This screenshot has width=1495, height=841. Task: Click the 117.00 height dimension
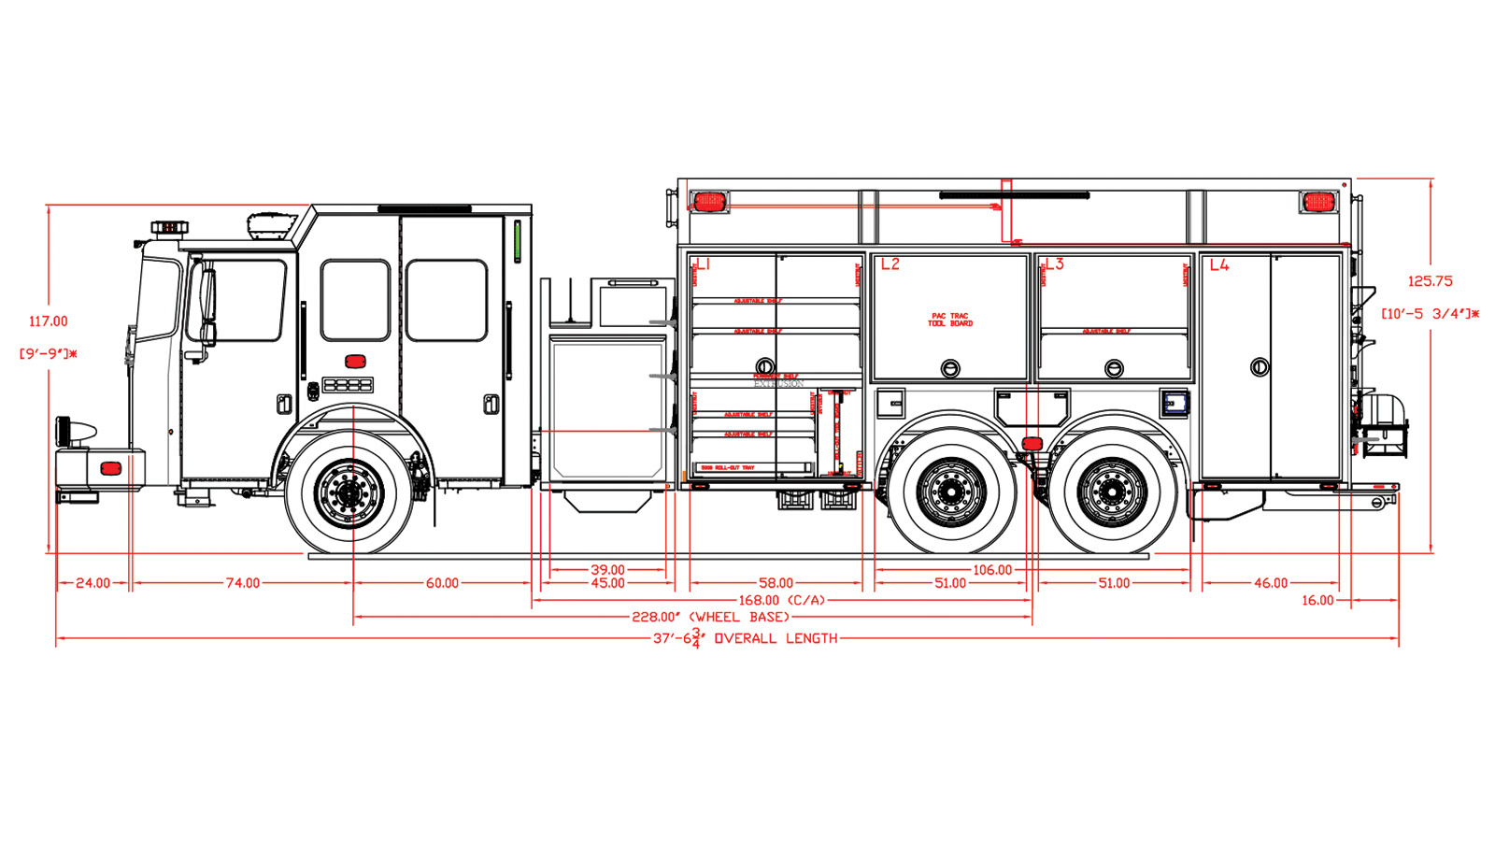[48, 321]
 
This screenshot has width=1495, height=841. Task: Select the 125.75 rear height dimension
[1430, 281]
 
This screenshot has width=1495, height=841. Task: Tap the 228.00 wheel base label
[710, 617]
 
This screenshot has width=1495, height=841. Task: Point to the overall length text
[745, 638]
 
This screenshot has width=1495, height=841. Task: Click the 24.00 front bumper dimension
[93, 583]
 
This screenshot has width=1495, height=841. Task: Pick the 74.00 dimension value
[242, 583]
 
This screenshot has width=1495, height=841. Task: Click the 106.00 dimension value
[991, 570]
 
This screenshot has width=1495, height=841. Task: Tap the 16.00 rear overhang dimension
[1317, 600]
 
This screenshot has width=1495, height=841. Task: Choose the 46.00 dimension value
[1270, 583]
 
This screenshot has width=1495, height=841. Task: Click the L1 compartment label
[704, 264]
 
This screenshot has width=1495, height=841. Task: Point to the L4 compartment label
[1219, 265]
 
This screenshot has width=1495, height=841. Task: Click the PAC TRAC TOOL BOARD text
[950, 320]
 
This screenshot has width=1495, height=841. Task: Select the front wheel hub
[349, 492]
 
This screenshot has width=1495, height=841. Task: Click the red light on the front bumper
[111, 468]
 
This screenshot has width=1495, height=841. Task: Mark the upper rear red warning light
[1317, 202]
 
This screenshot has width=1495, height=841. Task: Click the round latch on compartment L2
[949, 368]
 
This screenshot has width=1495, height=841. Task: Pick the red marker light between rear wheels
[1032, 443]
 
